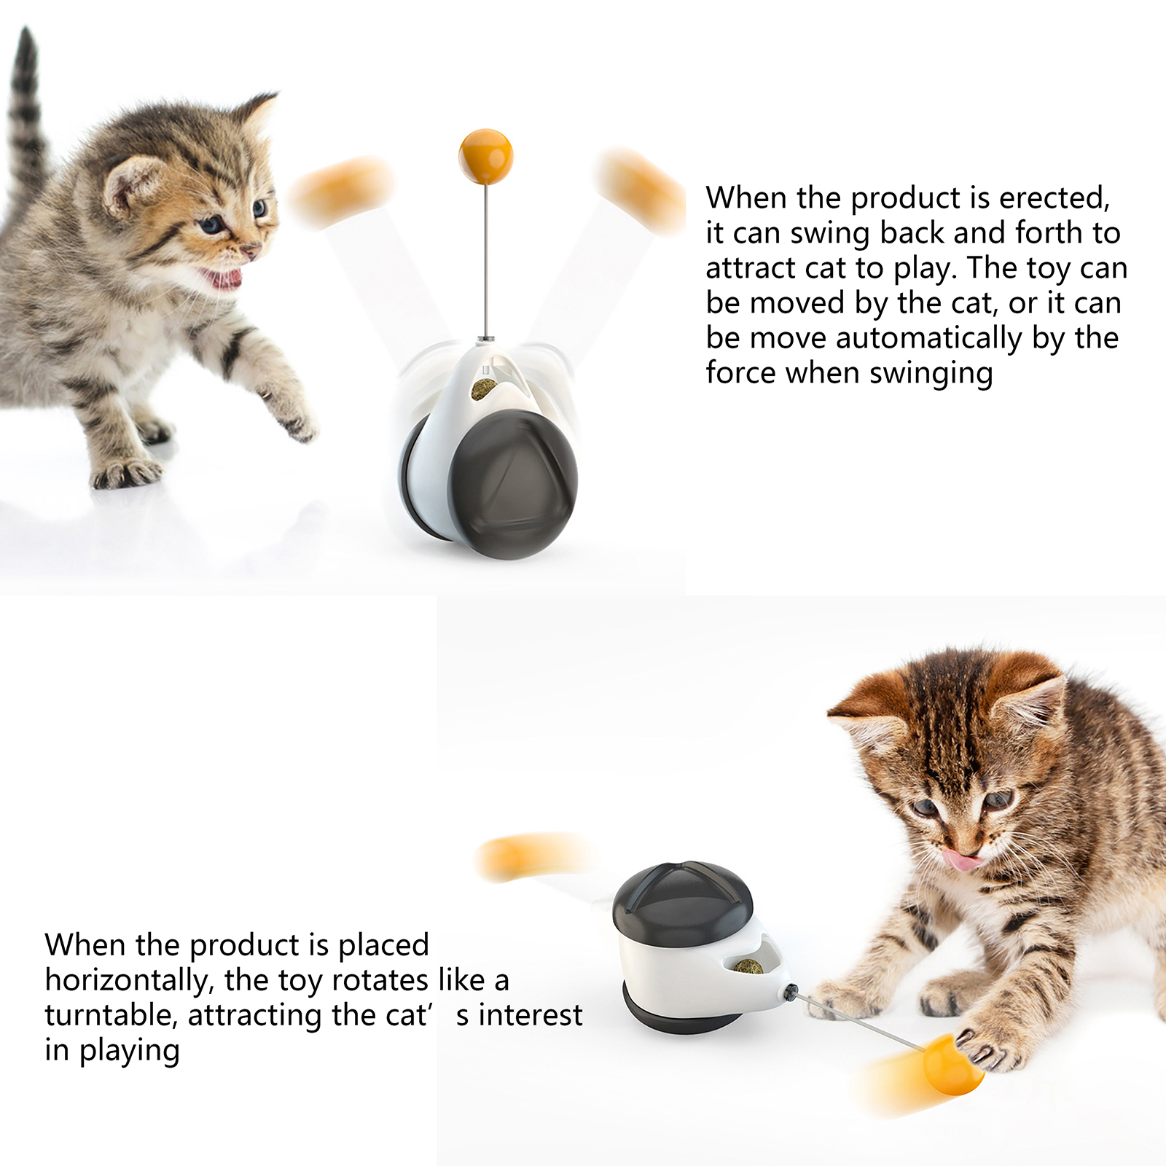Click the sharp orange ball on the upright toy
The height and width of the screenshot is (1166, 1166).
click(x=485, y=156)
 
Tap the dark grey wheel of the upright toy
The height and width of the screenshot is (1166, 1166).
click(x=513, y=484)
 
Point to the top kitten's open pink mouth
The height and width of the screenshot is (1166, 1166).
click(x=222, y=278)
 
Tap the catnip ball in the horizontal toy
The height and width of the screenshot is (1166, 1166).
click(x=748, y=967)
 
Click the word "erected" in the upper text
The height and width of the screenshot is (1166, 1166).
click(x=1054, y=198)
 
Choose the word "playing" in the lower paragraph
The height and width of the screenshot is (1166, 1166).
click(x=129, y=1051)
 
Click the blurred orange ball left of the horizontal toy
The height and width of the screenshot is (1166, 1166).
click(x=532, y=856)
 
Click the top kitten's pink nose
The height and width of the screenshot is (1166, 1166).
click(x=250, y=251)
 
